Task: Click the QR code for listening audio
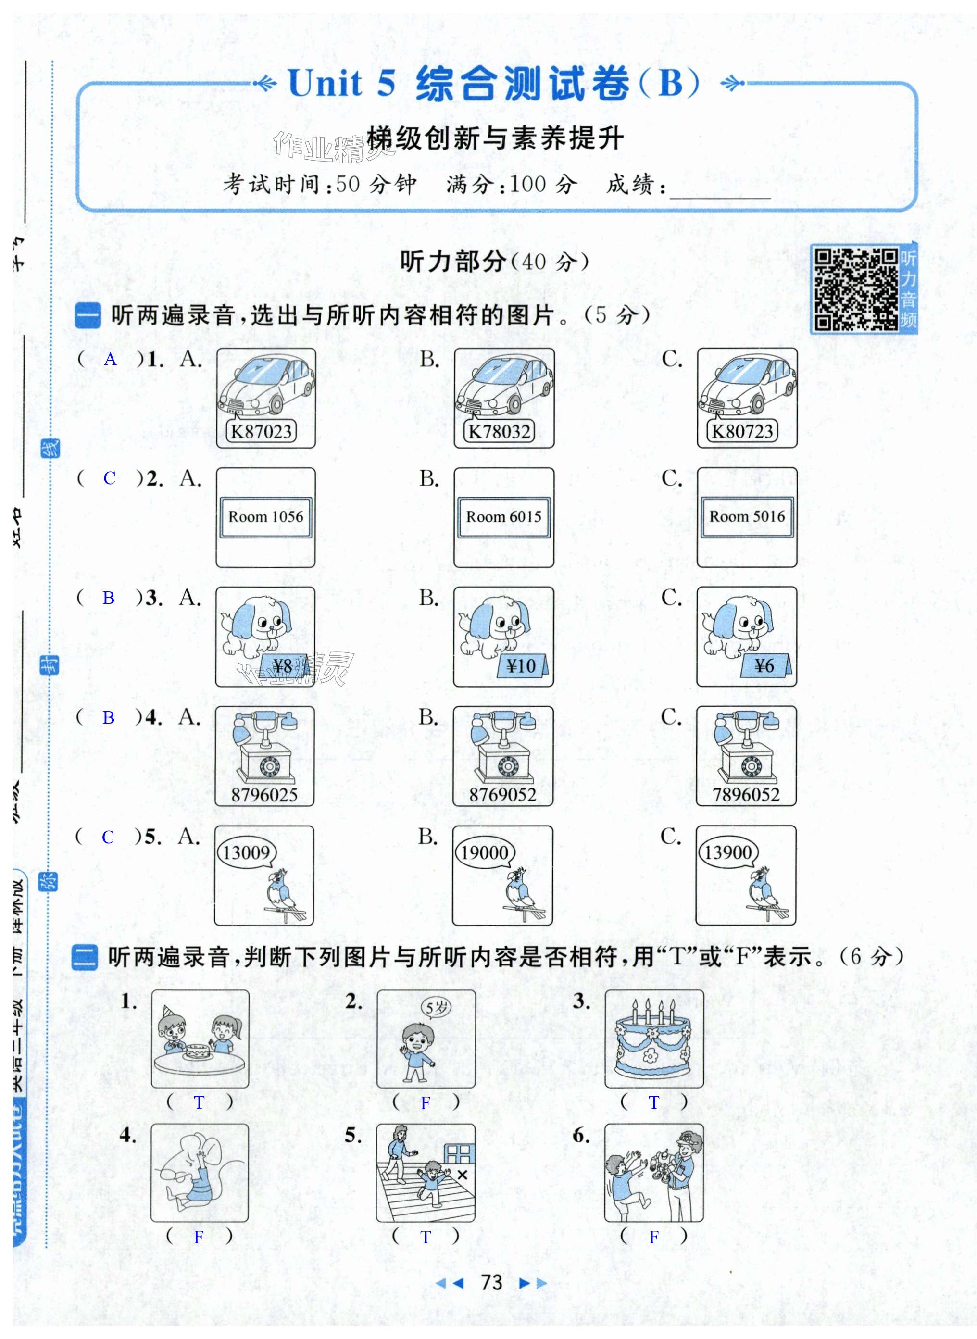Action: click(x=855, y=289)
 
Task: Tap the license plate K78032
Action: click(x=499, y=431)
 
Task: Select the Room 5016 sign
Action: click(x=747, y=516)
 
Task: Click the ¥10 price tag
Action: click(x=522, y=666)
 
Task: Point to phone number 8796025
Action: click(x=264, y=795)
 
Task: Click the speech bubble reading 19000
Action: click(x=484, y=852)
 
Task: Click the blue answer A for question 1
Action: click(x=111, y=359)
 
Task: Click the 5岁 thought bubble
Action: click(x=437, y=1007)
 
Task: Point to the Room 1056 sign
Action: click(x=265, y=516)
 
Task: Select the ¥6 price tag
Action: click(x=764, y=666)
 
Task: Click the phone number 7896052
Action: click(x=746, y=795)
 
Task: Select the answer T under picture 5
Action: click(x=425, y=1237)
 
